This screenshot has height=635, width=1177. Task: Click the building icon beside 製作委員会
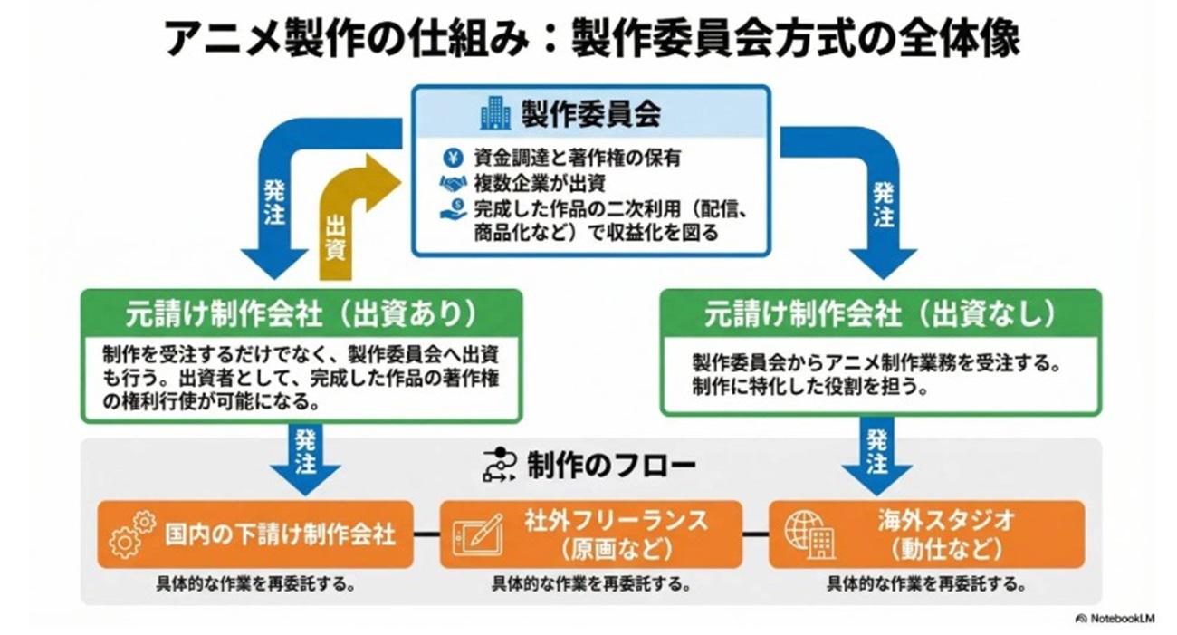495,113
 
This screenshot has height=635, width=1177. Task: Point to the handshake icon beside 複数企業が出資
453,183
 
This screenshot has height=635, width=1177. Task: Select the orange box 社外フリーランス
590,534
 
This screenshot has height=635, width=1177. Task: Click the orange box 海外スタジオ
926,534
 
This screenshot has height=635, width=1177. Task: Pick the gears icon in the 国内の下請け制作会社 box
131,534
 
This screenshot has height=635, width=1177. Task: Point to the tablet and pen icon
477,534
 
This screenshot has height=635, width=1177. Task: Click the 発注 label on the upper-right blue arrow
884,207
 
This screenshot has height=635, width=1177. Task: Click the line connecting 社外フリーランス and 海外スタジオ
755,534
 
